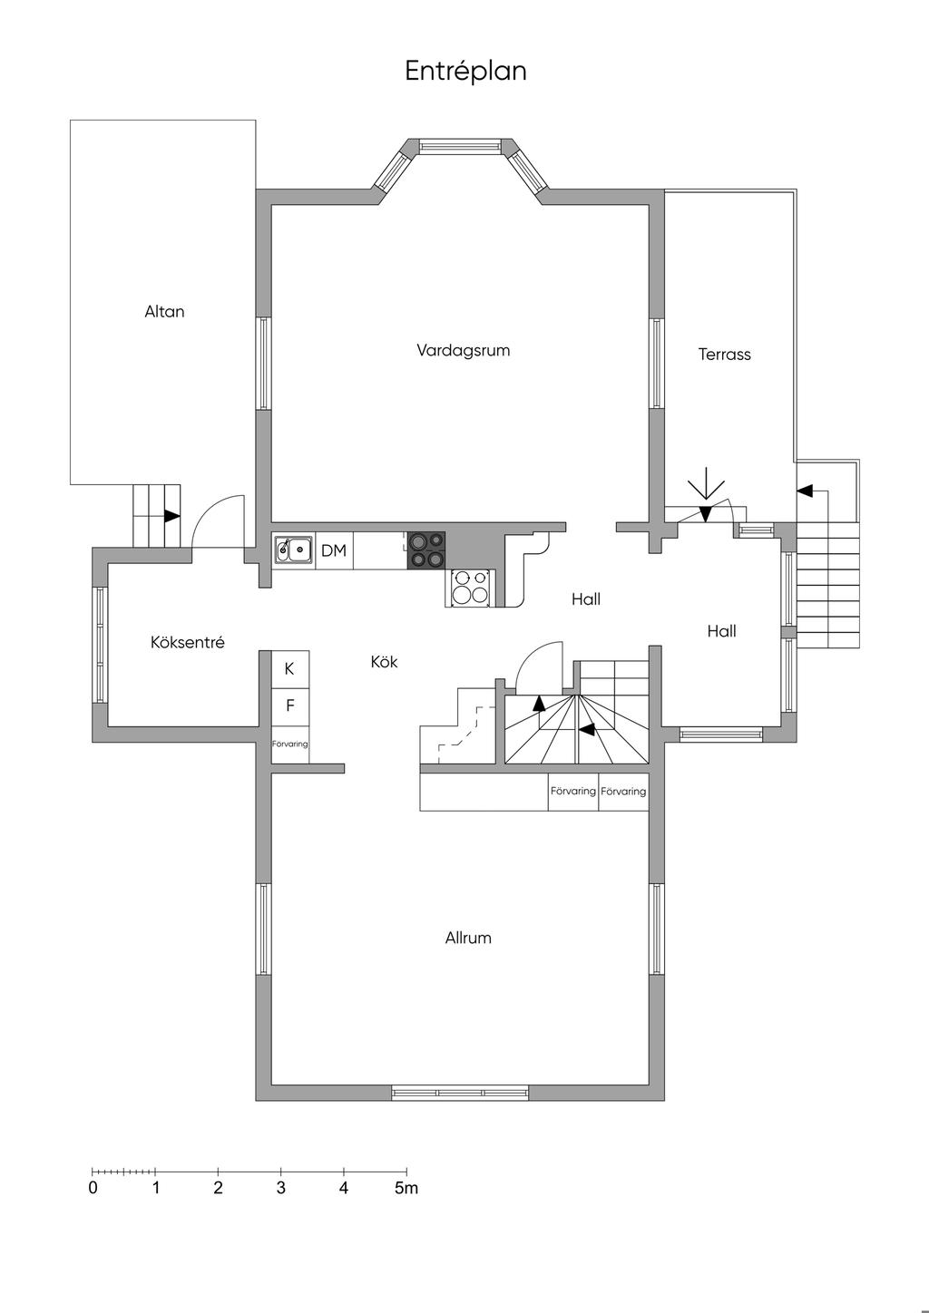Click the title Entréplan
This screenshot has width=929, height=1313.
pyautogui.click(x=465, y=72)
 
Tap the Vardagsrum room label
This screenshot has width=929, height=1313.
pyautogui.click(x=464, y=351)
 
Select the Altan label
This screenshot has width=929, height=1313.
pyautogui.click(x=164, y=311)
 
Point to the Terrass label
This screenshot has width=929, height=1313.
pyautogui.click(x=724, y=354)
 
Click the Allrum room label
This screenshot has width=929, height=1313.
pyautogui.click(x=468, y=938)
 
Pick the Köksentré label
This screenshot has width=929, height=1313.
pyautogui.click(x=188, y=642)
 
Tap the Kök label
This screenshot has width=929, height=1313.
pyautogui.click(x=384, y=662)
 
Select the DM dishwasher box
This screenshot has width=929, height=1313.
pyautogui.click(x=334, y=550)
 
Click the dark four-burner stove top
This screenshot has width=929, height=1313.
pyautogui.click(x=426, y=550)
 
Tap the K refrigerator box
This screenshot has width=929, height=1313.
pyautogui.click(x=289, y=669)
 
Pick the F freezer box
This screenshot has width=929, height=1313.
pyautogui.click(x=289, y=706)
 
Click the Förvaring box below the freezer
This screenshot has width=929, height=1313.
pyautogui.click(x=289, y=744)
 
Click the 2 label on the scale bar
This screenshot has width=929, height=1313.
pyautogui.click(x=218, y=1188)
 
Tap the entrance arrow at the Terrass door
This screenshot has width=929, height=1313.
pyautogui.click(x=706, y=493)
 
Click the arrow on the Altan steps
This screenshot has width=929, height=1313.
pyautogui.click(x=171, y=516)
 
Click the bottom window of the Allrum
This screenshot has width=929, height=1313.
pyautogui.click(x=460, y=1093)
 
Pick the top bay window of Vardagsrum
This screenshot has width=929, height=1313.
pyautogui.click(x=460, y=145)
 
